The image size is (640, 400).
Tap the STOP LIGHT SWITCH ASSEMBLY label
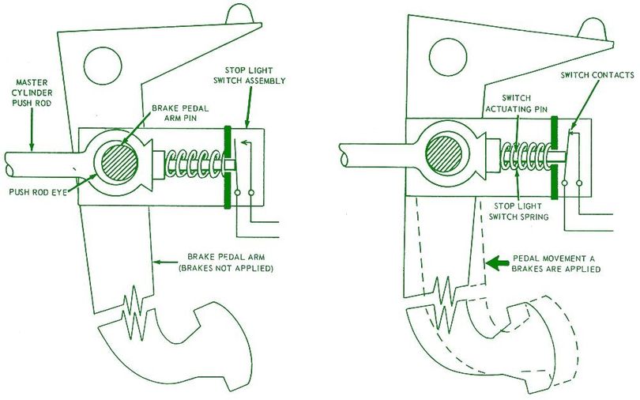254,75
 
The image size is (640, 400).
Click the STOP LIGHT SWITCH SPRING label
518,209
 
